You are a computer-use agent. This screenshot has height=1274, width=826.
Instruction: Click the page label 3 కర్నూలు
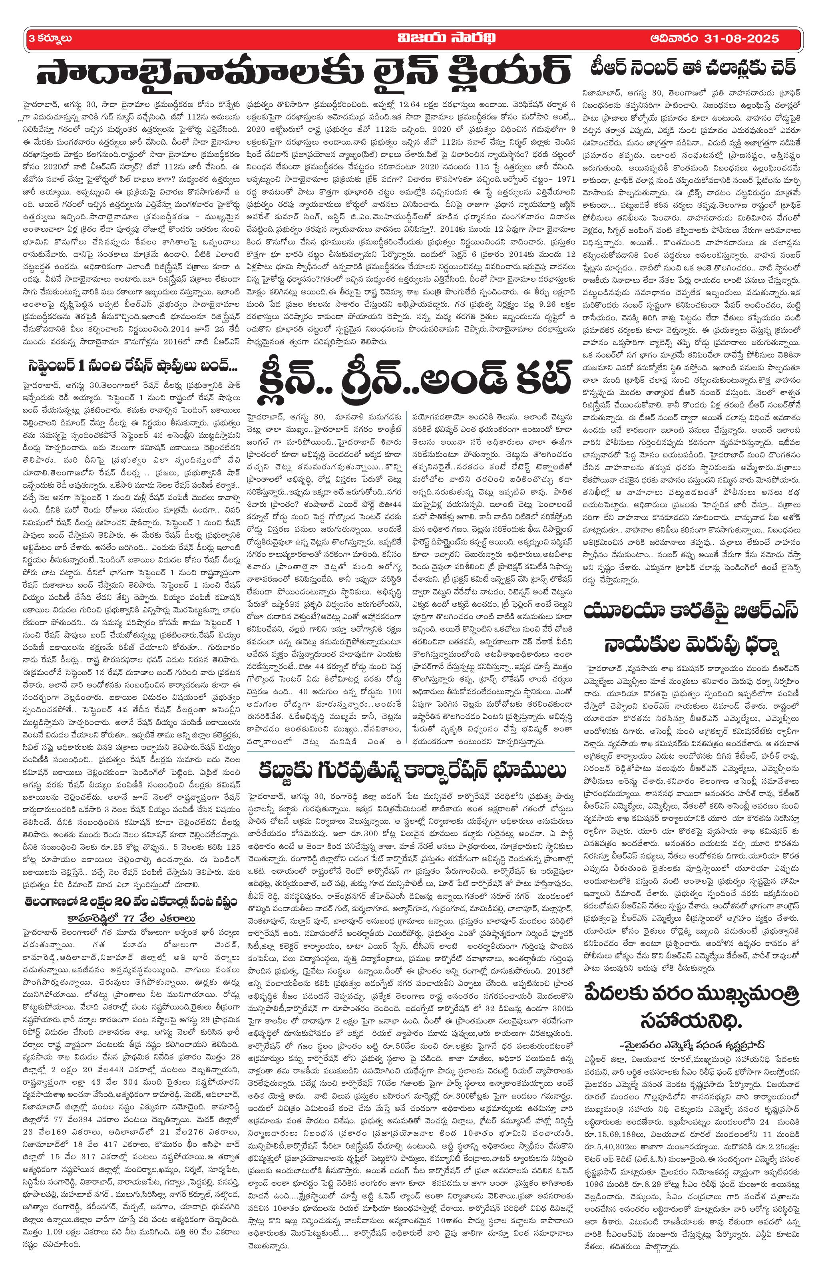tap(50, 38)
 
